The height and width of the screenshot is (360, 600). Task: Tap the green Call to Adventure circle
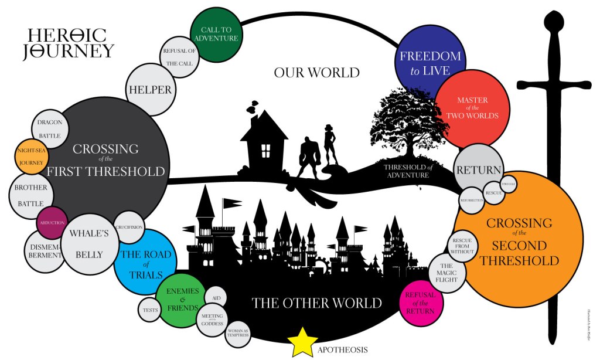point(217,35)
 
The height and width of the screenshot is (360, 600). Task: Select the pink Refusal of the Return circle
point(420,303)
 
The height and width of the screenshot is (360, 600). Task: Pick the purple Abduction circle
point(52,223)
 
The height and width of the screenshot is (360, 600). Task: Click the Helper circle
point(149,90)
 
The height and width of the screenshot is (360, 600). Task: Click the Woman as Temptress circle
point(238,334)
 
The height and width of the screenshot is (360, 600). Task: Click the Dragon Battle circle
point(49,129)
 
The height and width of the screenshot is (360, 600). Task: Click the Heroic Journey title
point(67,43)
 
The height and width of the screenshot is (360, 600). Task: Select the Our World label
point(316,73)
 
